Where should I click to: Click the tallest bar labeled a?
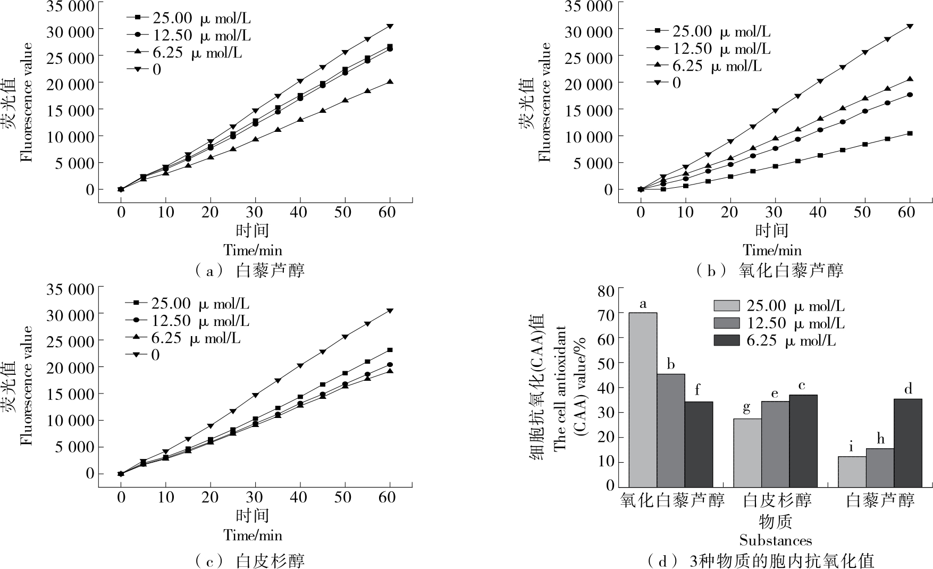pyautogui.click(x=643, y=399)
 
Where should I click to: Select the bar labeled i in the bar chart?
pyautogui.click(x=852, y=471)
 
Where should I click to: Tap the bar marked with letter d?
pyautogui.click(x=907, y=442)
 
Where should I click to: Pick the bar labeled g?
pyautogui.click(x=747, y=452)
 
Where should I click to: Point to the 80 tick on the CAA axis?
pyautogui.click(x=606, y=290)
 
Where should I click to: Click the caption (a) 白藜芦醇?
pyautogui.click(x=250, y=271)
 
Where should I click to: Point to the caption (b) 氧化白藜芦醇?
pyautogui.click(x=769, y=271)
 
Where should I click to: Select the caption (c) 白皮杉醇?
pyautogui.click(x=250, y=560)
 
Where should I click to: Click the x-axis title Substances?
pyautogui.click(x=775, y=541)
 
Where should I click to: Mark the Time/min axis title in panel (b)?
pyautogui.click(x=772, y=250)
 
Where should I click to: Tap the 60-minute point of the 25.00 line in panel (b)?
pyautogui.click(x=910, y=133)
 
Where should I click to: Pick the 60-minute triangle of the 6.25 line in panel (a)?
pyautogui.click(x=390, y=82)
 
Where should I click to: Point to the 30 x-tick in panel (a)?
pyautogui.click(x=255, y=212)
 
